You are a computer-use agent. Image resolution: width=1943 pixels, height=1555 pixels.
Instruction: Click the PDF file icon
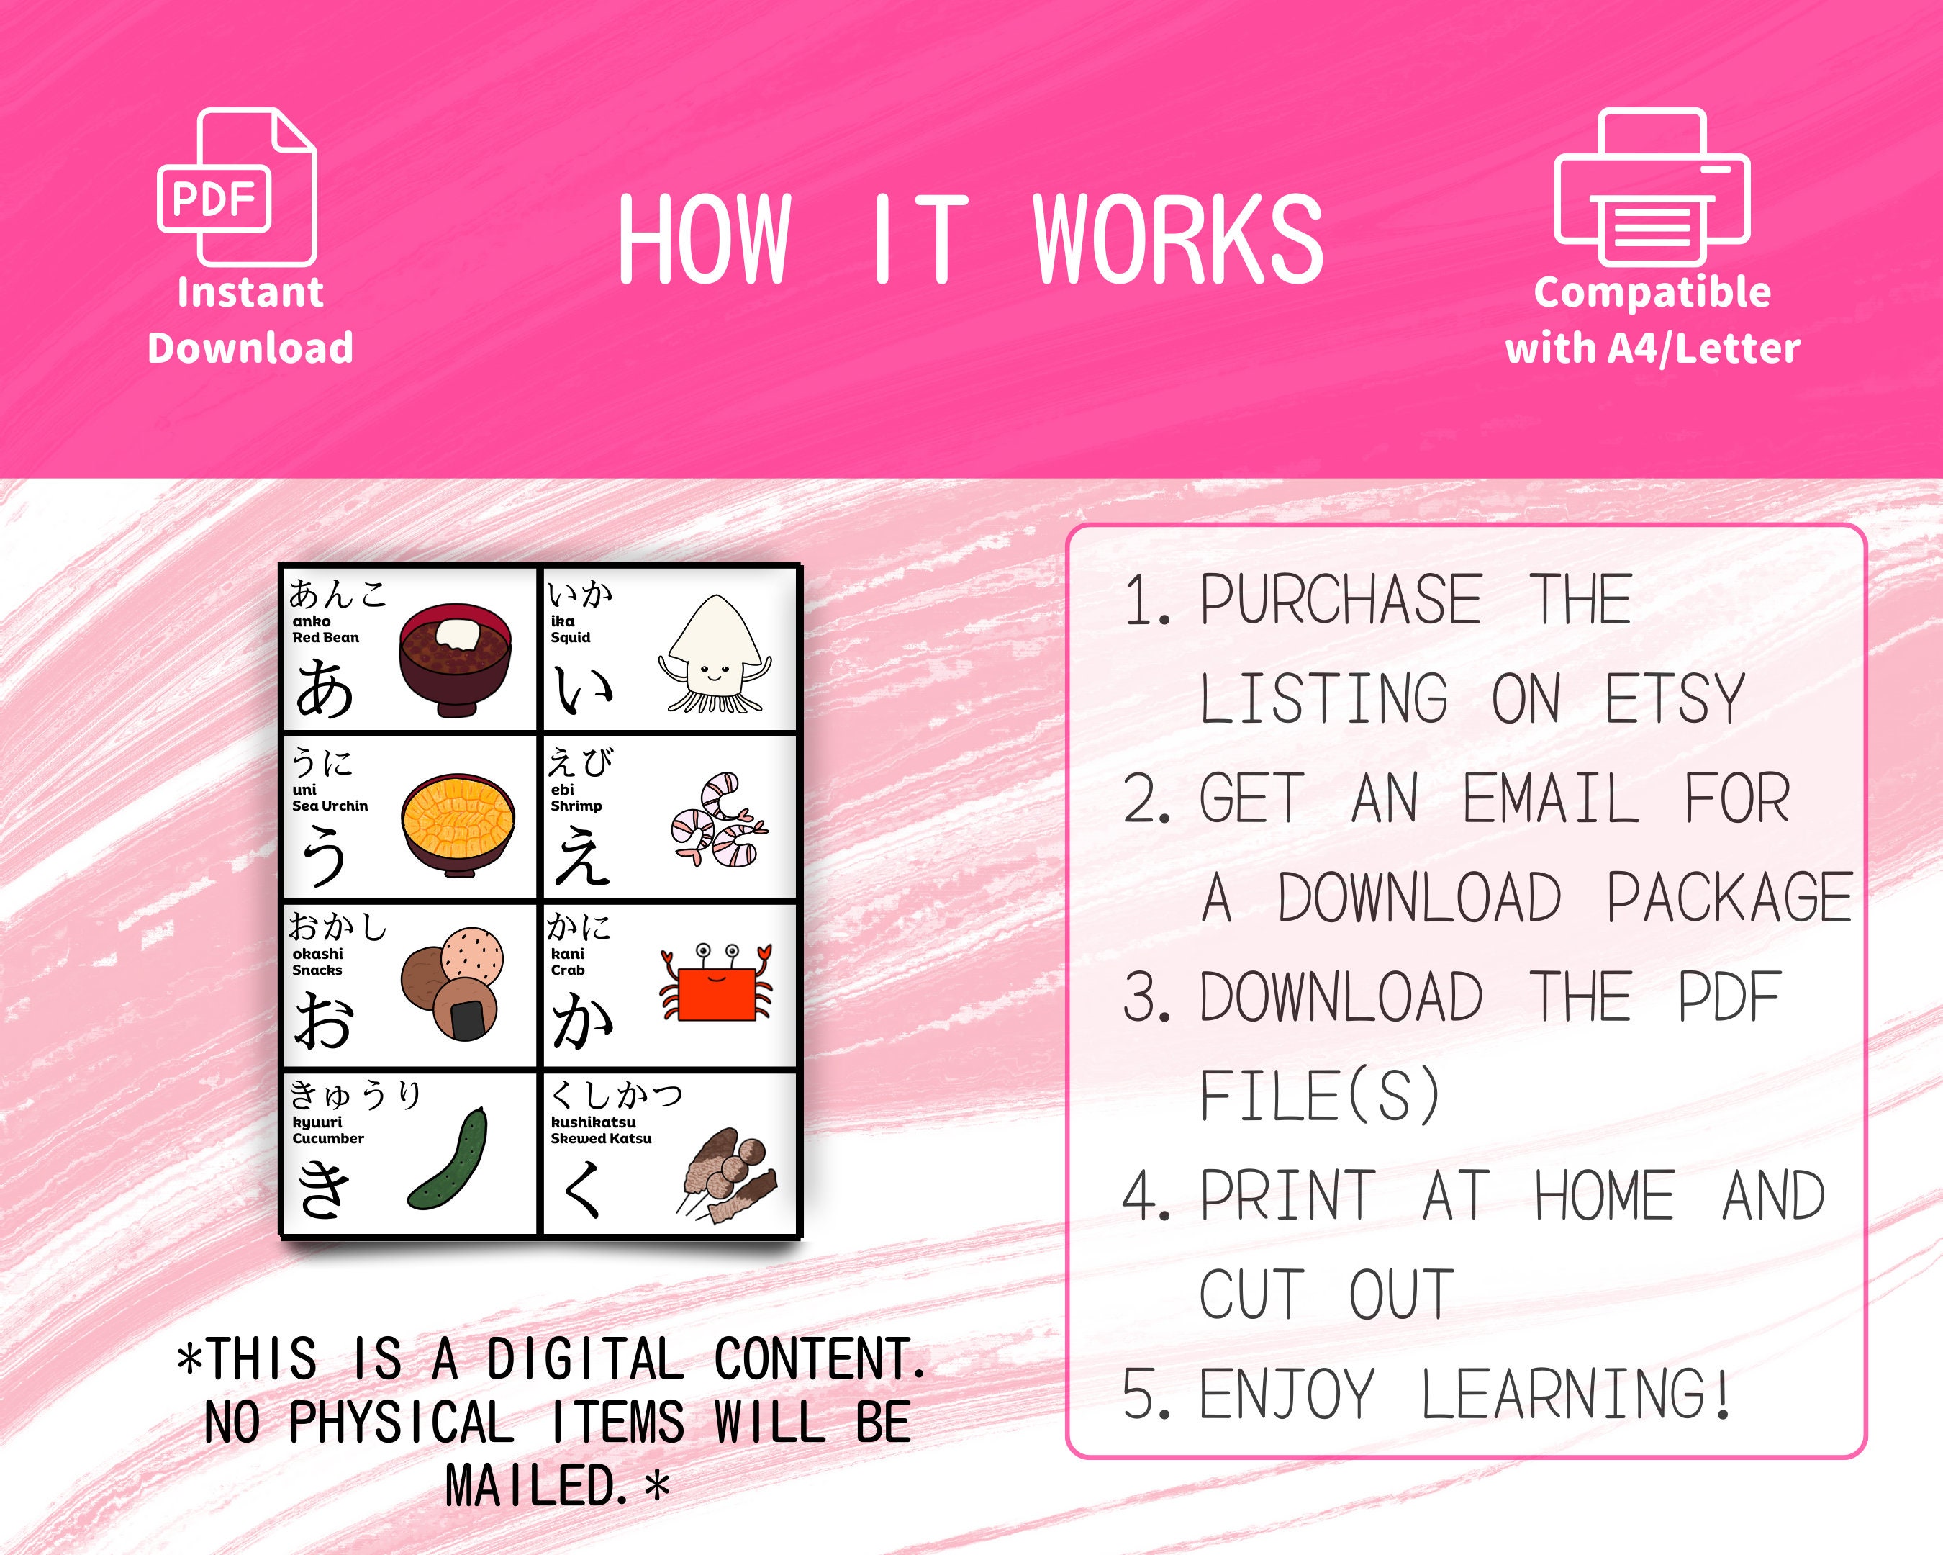click(237, 186)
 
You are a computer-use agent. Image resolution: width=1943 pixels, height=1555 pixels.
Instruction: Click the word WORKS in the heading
click(1177, 240)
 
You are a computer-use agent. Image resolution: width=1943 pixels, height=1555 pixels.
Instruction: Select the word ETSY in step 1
click(1675, 698)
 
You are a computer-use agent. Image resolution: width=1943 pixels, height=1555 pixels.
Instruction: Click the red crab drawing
click(717, 982)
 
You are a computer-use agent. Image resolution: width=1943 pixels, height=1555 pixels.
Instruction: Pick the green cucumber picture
click(448, 1159)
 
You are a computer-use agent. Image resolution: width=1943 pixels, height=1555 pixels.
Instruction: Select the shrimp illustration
click(718, 820)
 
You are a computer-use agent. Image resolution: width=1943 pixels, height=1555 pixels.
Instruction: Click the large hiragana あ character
click(325, 689)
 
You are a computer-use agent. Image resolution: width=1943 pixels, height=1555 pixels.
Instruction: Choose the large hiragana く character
click(582, 1189)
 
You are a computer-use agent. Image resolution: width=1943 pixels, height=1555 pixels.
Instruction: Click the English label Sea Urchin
click(330, 806)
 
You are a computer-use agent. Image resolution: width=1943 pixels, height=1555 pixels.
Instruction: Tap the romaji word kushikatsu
click(593, 1122)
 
